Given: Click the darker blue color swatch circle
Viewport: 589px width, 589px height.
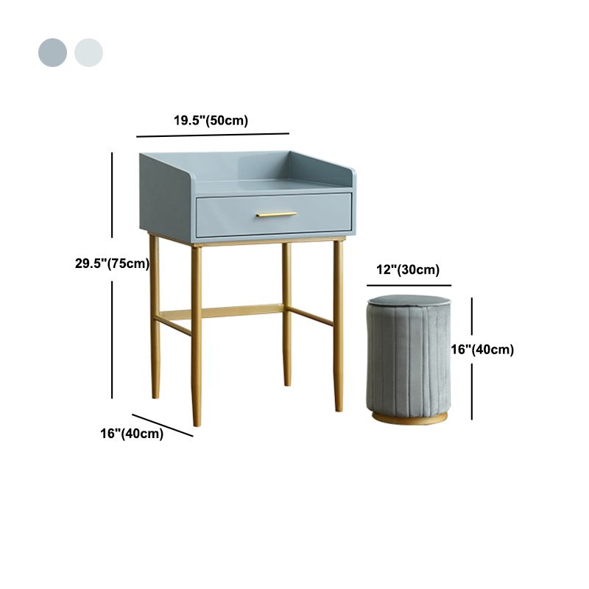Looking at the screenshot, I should click(53, 53).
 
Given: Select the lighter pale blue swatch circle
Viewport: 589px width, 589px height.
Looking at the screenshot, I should click(88, 53).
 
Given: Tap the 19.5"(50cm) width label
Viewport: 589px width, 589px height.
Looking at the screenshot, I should click(211, 121).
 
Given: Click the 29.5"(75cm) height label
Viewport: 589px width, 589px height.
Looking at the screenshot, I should click(112, 264).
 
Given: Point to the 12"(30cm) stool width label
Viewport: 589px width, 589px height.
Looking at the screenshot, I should click(409, 270).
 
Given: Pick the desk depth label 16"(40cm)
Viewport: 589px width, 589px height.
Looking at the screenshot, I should click(132, 434).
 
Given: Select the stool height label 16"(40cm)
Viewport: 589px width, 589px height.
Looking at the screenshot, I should click(482, 350).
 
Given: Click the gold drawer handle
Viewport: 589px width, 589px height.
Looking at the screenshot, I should click(277, 214).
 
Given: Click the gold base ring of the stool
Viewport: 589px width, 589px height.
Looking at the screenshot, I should click(409, 419).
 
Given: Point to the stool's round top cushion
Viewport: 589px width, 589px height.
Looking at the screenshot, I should click(409, 301).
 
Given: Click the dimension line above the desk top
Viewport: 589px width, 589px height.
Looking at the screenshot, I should click(213, 135).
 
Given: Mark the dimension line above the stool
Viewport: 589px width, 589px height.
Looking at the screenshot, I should click(409, 285).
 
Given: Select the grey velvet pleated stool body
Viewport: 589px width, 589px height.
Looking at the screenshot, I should click(409, 361).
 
